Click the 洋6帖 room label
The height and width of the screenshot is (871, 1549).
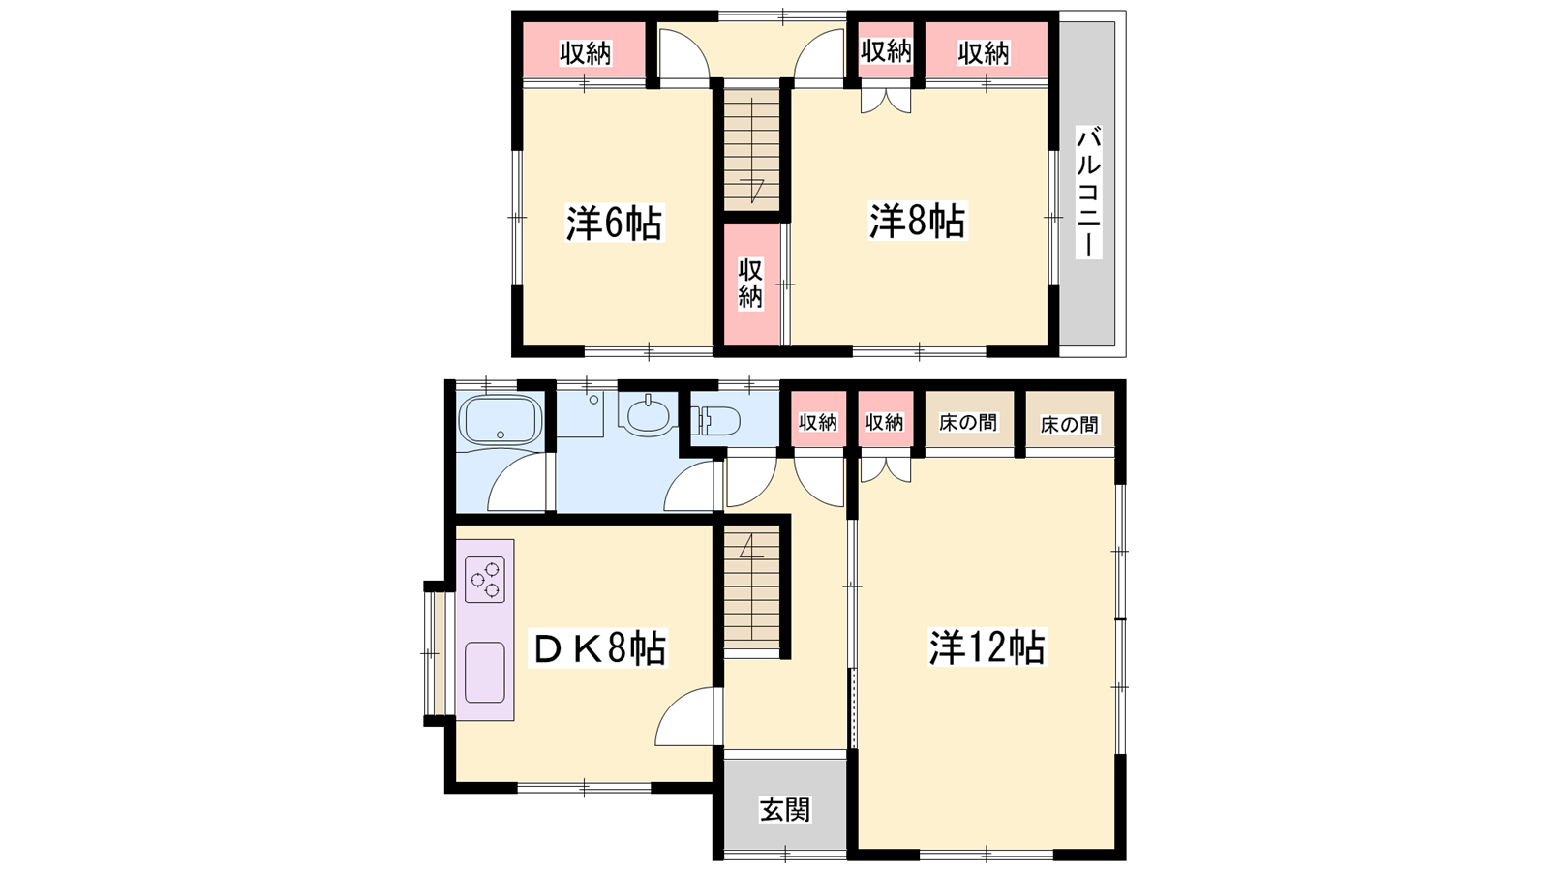click(615, 223)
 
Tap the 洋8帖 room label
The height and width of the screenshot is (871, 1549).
click(917, 222)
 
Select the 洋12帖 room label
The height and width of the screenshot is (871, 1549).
click(987, 647)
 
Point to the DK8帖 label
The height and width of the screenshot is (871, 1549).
click(598, 647)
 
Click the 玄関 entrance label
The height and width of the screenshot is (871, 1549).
click(785, 810)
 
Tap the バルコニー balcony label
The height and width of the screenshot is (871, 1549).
click(1088, 193)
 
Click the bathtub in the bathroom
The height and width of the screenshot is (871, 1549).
click(500, 419)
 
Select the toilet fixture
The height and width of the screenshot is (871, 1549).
click(715, 420)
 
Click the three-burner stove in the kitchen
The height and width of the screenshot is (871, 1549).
click(485, 580)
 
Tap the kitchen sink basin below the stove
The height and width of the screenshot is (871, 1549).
click(485, 672)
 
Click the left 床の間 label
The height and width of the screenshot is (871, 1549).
click(968, 422)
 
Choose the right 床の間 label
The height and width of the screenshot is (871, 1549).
click(1069, 424)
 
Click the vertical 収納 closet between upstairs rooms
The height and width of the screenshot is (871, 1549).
click(750, 284)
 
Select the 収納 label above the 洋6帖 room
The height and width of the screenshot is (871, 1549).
click(585, 53)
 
